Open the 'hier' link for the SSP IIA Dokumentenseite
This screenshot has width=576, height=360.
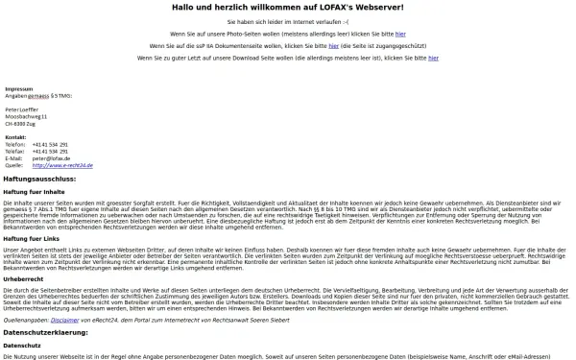point(335,44)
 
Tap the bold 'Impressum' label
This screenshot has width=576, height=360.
point(18,88)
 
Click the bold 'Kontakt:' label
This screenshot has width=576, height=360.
point(15,137)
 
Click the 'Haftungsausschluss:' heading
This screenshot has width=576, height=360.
point(39,179)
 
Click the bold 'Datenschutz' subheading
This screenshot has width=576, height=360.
point(22,346)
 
